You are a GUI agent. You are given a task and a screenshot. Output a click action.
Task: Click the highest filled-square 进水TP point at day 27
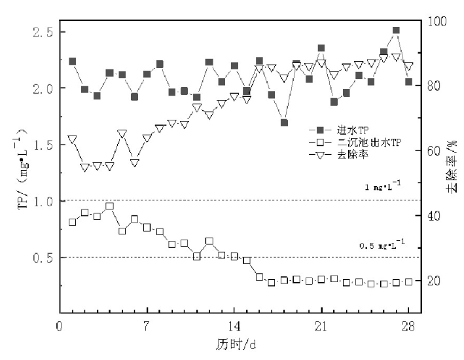(396, 31)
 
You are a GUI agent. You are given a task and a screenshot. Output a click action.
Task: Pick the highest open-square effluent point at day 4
(109, 206)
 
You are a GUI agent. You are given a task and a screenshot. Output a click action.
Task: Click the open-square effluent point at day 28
(408, 281)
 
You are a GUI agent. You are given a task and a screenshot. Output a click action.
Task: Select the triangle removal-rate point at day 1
(72, 139)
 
